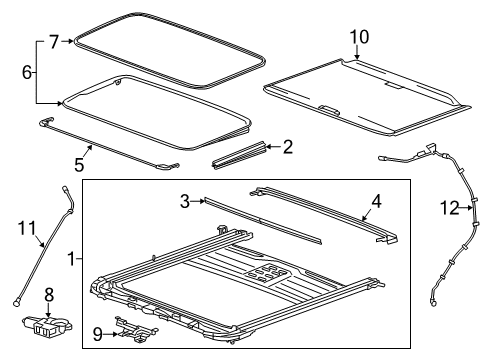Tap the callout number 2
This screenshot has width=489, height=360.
(288, 148)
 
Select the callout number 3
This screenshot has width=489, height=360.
(184, 202)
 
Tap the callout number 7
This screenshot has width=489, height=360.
(54, 42)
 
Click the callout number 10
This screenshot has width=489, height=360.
(358, 37)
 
